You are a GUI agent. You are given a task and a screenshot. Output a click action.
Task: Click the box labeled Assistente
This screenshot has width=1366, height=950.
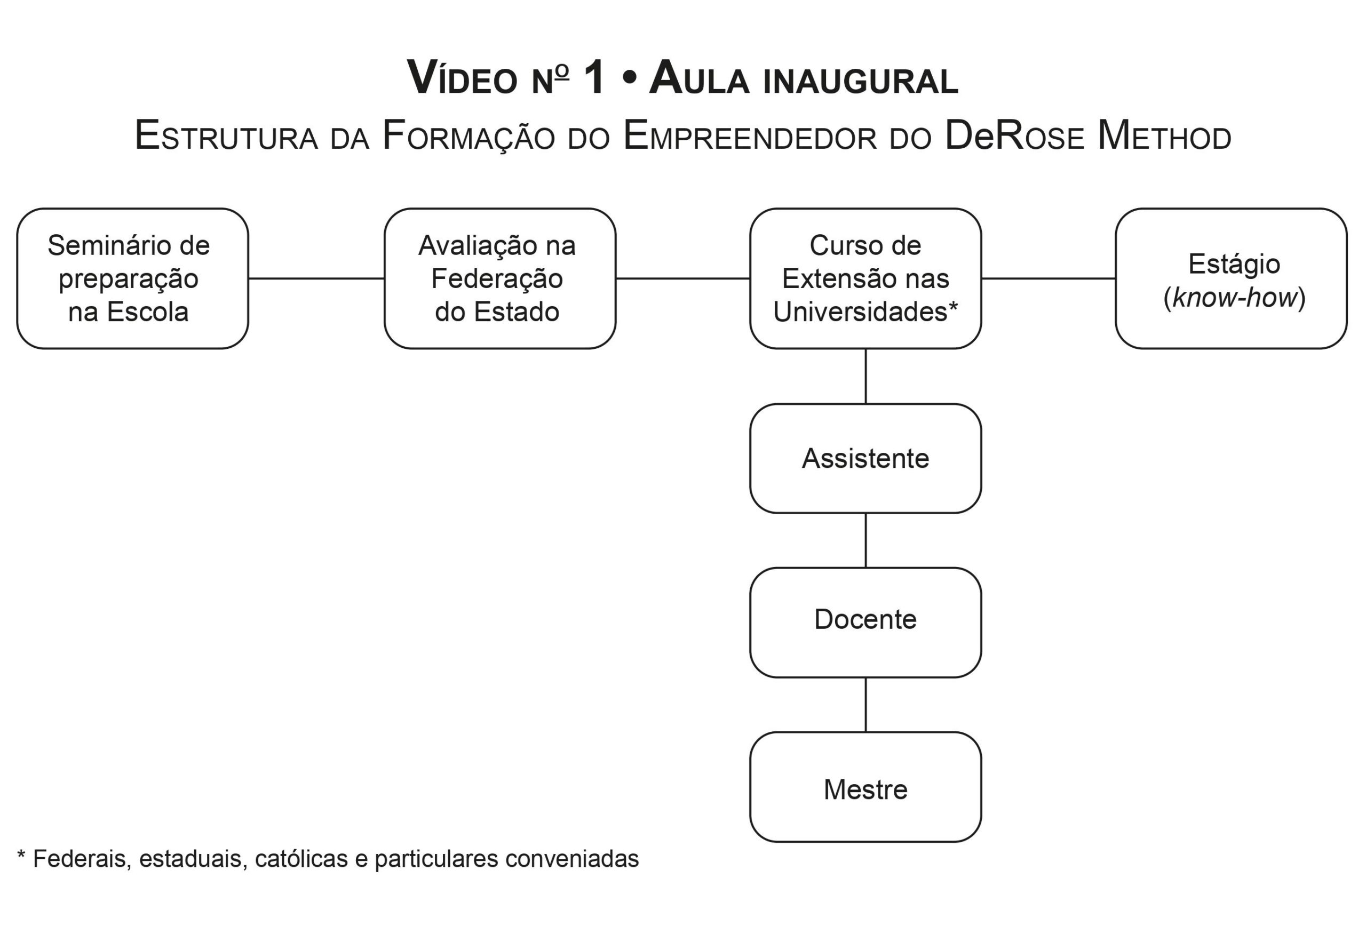point(865,458)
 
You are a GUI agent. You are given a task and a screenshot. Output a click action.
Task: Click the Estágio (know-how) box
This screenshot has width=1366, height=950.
point(1230,278)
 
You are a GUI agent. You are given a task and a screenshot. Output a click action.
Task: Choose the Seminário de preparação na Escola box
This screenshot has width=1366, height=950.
point(132,278)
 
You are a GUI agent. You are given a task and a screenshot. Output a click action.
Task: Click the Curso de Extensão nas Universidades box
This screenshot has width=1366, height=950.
point(865,278)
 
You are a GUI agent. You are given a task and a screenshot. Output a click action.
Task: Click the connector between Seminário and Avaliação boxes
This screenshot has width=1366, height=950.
point(316,278)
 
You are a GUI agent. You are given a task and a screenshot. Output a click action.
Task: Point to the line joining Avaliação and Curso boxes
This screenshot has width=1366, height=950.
point(682,278)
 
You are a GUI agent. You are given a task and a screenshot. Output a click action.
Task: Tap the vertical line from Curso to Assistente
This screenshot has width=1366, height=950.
point(865,376)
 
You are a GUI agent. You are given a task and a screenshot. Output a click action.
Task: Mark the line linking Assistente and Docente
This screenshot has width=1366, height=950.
point(865,540)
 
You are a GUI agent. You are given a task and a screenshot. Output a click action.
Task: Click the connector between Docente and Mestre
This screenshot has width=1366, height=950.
point(865,704)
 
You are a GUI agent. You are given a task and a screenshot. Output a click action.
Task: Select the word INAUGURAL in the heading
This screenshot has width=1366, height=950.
point(860,82)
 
